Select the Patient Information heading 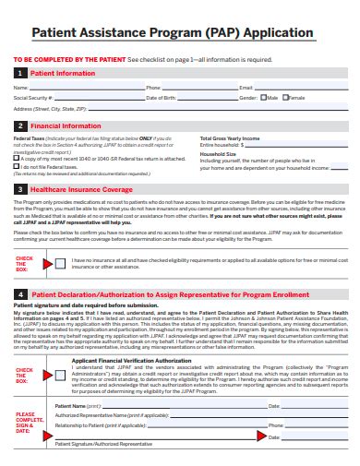click(x=63, y=73)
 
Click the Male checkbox click(x=263, y=97)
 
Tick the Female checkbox click(x=284, y=97)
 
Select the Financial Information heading click(x=66, y=125)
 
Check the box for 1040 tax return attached click(x=17, y=158)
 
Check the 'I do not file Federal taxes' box click(x=17, y=166)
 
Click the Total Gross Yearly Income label click(x=230, y=138)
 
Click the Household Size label click(x=218, y=153)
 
